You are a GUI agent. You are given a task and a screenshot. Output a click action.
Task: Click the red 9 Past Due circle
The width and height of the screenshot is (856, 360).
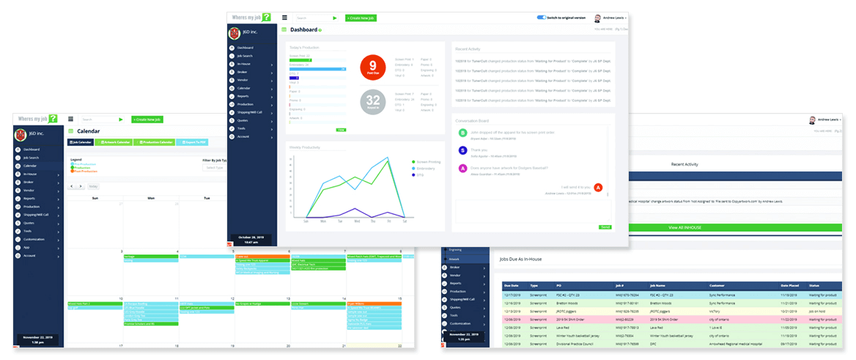(x=372, y=68)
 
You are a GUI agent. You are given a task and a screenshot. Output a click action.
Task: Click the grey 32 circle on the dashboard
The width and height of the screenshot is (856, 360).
(x=372, y=102)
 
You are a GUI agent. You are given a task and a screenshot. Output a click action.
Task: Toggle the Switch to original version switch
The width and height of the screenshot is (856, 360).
(x=542, y=17)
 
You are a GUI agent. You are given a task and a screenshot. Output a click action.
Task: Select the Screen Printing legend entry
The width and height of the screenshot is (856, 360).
(x=428, y=161)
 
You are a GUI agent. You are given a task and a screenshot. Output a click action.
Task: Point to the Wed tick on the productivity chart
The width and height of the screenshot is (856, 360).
(x=357, y=221)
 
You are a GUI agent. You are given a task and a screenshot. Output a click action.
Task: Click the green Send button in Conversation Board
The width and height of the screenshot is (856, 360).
(x=605, y=227)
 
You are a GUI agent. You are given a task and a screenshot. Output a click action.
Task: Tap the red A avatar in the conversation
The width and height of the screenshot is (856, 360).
(x=598, y=188)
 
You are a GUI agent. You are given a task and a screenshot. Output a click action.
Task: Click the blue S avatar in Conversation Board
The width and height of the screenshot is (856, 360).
(x=462, y=150)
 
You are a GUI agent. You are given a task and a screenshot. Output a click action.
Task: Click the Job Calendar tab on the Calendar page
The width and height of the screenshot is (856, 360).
(x=81, y=142)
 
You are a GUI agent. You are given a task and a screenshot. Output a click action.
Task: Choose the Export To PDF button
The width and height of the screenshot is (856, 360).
(x=194, y=142)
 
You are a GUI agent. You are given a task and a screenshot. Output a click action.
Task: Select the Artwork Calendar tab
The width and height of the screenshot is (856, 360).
(x=114, y=142)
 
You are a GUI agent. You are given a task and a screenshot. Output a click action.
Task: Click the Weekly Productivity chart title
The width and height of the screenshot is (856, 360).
(x=306, y=147)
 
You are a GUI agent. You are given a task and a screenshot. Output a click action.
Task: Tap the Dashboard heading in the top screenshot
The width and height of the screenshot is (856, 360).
(x=303, y=30)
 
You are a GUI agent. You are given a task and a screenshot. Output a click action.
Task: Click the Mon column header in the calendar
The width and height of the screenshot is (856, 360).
(x=151, y=198)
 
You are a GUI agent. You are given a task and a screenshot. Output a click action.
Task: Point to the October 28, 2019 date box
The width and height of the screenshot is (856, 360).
(x=254, y=239)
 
